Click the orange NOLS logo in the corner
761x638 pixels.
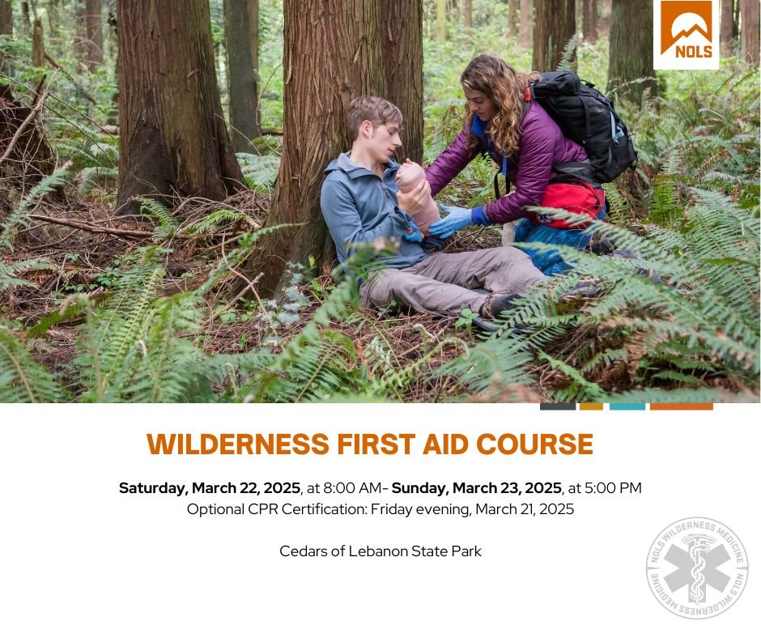[x=686, y=34]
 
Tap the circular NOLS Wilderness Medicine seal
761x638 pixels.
[x=697, y=568]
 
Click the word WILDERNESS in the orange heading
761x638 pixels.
[x=238, y=444]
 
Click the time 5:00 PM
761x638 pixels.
[x=613, y=488]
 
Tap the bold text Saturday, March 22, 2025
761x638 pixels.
[x=210, y=488]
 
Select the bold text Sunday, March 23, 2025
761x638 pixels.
[x=477, y=488]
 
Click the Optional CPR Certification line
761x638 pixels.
[x=380, y=509]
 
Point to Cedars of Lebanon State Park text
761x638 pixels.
[x=380, y=551]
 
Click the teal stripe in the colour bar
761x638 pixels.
[x=627, y=406]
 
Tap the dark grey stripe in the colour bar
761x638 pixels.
[x=558, y=406]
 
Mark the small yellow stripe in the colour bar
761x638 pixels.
[x=591, y=406]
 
